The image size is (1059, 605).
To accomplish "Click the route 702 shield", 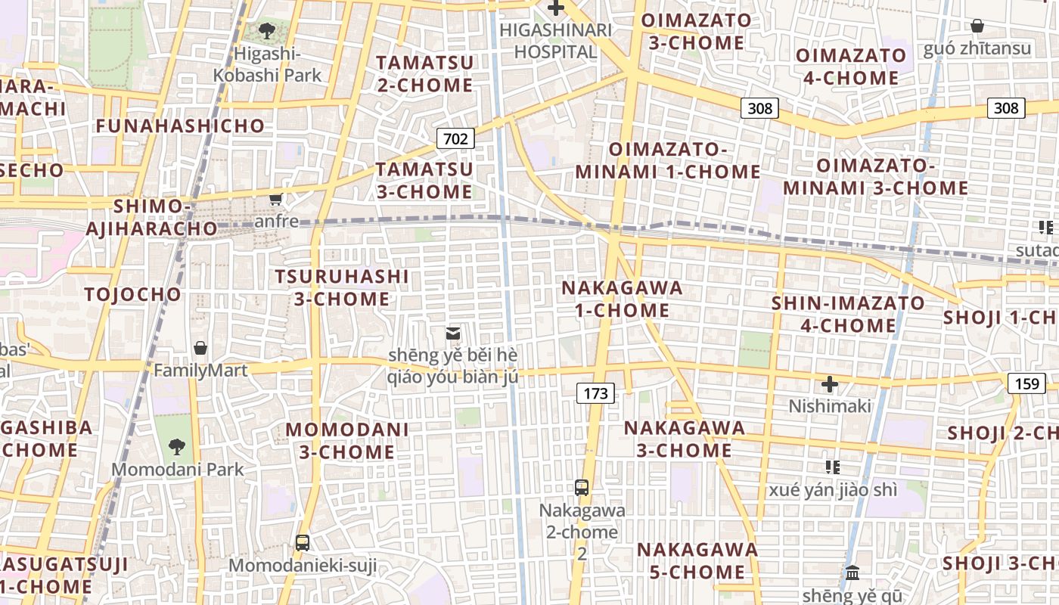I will (455, 138).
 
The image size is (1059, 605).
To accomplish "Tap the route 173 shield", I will (595, 393).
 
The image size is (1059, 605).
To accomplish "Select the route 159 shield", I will (1026, 383).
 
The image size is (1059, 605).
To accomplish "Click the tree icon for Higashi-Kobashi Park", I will (266, 31).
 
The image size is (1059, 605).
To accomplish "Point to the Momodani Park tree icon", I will (177, 446).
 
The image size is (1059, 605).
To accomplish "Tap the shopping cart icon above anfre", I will (276, 199).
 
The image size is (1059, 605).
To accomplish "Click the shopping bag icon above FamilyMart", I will (200, 348).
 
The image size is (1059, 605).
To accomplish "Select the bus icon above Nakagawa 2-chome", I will (582, 488).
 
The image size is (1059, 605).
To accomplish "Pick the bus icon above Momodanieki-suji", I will (303, 542).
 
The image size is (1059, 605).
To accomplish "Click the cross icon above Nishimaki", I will (830, 384).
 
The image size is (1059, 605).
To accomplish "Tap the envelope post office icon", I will (453, 333).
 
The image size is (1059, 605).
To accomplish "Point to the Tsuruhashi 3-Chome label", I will (342, 287).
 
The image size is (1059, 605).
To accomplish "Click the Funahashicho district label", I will (180, 126).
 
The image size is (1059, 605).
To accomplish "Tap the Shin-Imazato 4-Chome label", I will (848, 314).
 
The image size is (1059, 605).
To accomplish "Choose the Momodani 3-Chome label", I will (347, 441).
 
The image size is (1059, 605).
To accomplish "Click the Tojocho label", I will (133, 294).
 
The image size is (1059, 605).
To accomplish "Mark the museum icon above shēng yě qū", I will (852, 572).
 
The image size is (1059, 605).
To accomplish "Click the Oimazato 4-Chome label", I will (851, 67).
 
